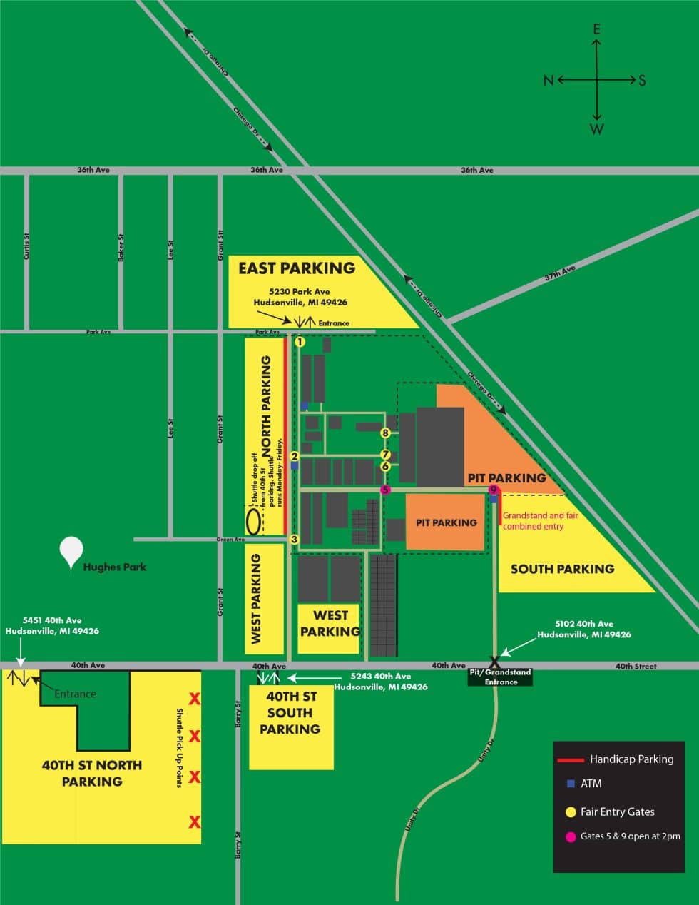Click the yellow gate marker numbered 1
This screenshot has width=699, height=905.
[x=300, y=342]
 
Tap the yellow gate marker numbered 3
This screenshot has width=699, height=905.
[x=294, y=540]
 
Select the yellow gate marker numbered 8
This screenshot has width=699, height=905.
[x=385, y=433]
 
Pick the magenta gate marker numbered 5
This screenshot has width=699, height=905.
[x=385, y=490]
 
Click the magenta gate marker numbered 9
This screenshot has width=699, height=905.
[x=493, y=490]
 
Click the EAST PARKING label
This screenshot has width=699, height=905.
[x=296, y=268]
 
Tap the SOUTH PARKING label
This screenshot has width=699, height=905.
[x=562, y=569]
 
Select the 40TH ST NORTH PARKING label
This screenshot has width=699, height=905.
[x=92, y=773]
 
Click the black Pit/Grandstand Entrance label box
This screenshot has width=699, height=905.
[x=501, y=677]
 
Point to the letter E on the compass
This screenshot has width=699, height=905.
[x=597, y=29]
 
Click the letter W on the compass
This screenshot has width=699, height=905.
[x=597, y=129]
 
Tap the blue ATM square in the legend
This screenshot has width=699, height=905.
[x=571, y=784]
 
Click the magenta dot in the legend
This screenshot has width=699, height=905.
[x=571, y=836]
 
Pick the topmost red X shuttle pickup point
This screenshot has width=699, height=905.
[x=193, y=698]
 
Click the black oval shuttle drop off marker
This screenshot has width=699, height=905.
[x=253, y=520]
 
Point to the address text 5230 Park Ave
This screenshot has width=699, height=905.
[x=300, y=292]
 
